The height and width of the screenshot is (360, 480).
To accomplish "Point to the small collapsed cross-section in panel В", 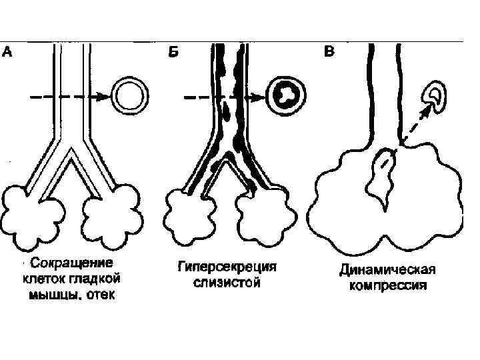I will coord(438,95).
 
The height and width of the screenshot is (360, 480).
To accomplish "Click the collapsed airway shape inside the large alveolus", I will coord(382,177).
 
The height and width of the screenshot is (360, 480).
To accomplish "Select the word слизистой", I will coord(226,283).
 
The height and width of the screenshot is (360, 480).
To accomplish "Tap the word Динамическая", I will coord(387,270).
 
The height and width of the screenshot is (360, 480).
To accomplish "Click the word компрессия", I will coord(387,286).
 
